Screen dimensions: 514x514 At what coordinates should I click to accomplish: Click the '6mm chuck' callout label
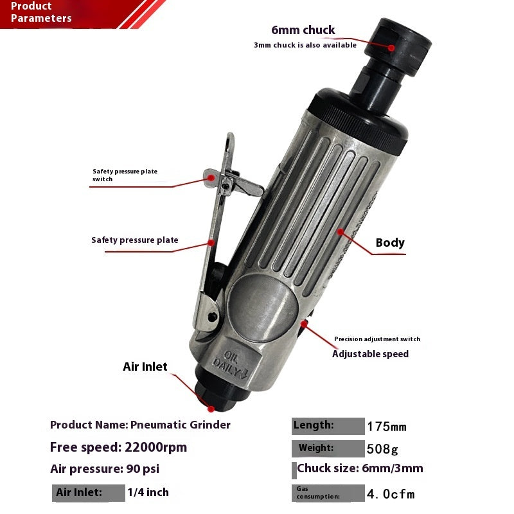point(303,30)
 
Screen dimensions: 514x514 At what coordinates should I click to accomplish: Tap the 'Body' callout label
point(390,243)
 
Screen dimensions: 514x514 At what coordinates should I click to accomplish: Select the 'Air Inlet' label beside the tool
point(145,367)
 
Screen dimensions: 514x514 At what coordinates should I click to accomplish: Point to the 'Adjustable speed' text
point(370,354)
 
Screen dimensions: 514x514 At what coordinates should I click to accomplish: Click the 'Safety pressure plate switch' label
point(125,175)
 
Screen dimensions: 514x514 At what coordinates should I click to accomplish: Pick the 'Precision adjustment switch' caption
point(377,339)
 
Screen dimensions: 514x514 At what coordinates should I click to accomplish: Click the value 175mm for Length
point(387,427)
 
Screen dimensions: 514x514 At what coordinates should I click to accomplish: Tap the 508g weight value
point(382,448)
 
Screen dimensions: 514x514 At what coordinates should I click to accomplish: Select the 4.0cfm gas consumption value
point(391,494)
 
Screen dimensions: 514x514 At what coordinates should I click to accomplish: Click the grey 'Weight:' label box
point(328,448)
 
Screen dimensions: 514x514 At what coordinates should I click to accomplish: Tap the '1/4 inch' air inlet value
point(148,492)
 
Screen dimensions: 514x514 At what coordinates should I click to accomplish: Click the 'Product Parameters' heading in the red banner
point(41,12)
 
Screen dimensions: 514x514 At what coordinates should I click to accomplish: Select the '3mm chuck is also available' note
point(305,45)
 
